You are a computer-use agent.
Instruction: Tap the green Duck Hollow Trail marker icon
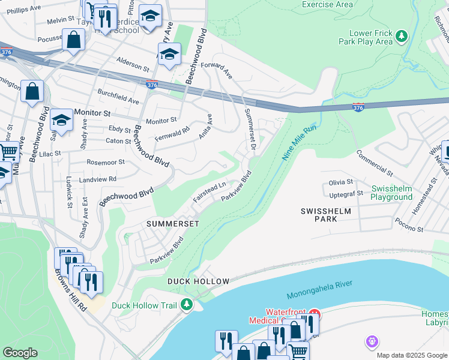click(x=187, y=305)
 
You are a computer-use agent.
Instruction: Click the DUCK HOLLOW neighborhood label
click(x=198, y=281)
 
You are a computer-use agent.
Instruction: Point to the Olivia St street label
click(x=340, y=182)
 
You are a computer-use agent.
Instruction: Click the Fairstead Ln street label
click(x=209, y=192)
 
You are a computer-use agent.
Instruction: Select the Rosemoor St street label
click(x=105, y=162)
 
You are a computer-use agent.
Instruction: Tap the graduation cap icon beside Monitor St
click(x=61, y=118)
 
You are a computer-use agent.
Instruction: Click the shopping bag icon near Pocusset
click(x=73, y=40)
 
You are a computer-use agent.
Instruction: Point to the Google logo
click(x=20, y=353)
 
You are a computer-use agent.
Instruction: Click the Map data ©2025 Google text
click(x=412, y=355)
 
